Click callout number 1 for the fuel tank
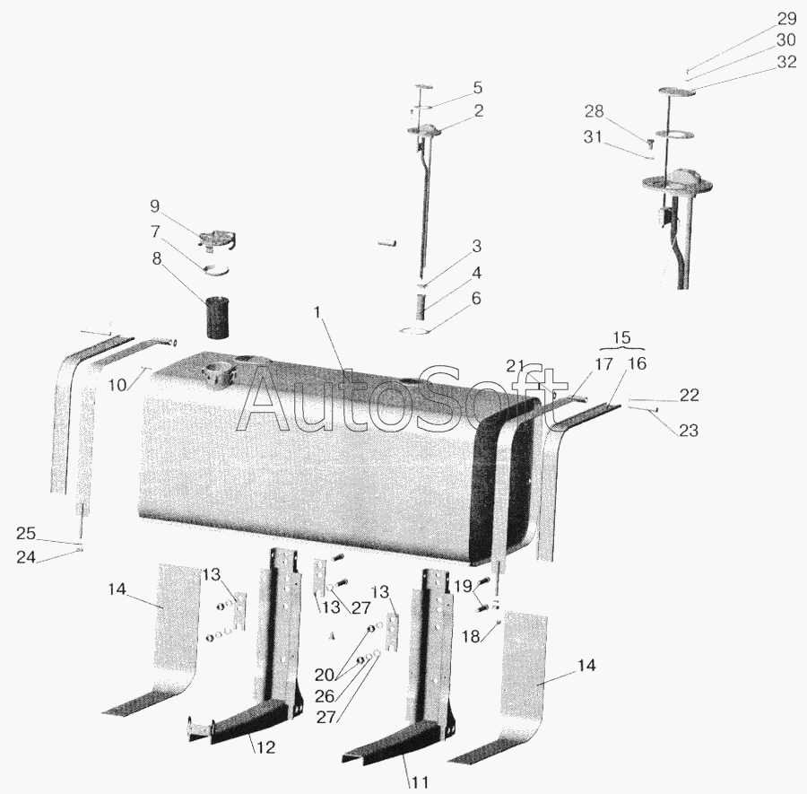(x=317, y=312)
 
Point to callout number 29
(x=786, y=19)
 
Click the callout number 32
(x=786, y=62)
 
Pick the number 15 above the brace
(x=621, y=337)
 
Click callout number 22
(x=690, y=395)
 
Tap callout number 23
(x=689, y=430)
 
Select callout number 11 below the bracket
(x=420, y=782)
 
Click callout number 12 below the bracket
(x=265, y=747)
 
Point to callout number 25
(x=26, y=534)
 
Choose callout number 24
(x=26, y=557)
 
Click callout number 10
(x=117, y=385)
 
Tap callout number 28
(x=594, y=111)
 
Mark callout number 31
(x=593, y=137)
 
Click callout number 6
(x=476, y=298)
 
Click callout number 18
(x=471, y=636)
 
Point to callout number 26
(x=325, y=696)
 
